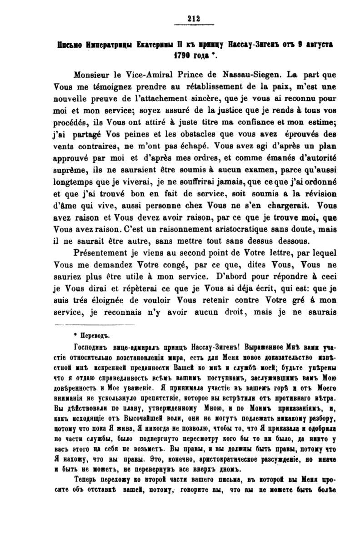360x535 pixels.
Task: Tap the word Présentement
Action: tap(100, 255)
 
